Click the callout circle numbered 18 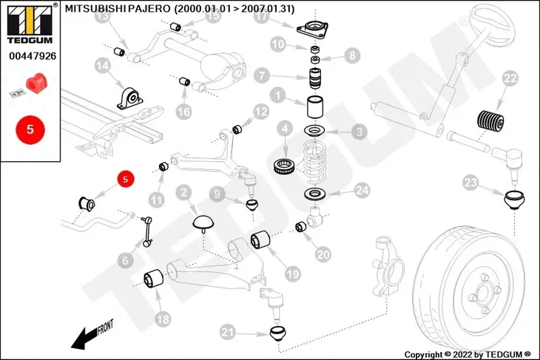(x=162, y=319)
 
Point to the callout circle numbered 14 (x=102, y=68)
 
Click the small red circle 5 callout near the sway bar (x=125, y=179)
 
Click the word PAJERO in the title (x=150, y=10)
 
